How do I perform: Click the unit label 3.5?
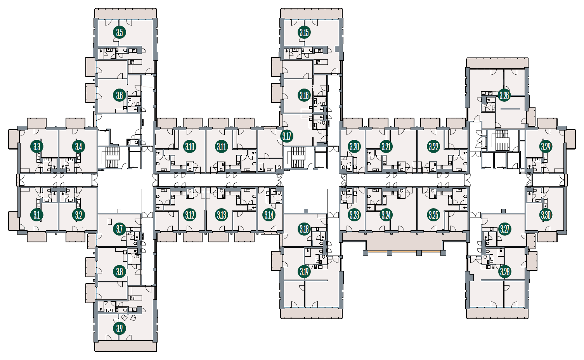(120, 33)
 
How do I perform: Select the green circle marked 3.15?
(304, 33)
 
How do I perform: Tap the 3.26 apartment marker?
(504, 96)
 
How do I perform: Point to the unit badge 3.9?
(120, 329)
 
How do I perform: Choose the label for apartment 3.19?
(304, 272)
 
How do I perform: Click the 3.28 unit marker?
(504, 272)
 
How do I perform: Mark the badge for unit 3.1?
(37, 215)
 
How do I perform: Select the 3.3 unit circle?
(37, 147)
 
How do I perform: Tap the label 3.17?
(287, 136)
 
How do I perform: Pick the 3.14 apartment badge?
(269, 215)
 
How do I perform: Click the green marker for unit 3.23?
(354, 215)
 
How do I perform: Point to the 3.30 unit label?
(546, 215)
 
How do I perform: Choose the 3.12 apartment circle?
(189, 215)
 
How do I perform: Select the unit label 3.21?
(386, 147)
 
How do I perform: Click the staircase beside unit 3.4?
(113, 157)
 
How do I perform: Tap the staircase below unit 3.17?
(298, 157)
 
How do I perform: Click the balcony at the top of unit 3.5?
(125, 13)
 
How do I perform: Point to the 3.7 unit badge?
(120, 229)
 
